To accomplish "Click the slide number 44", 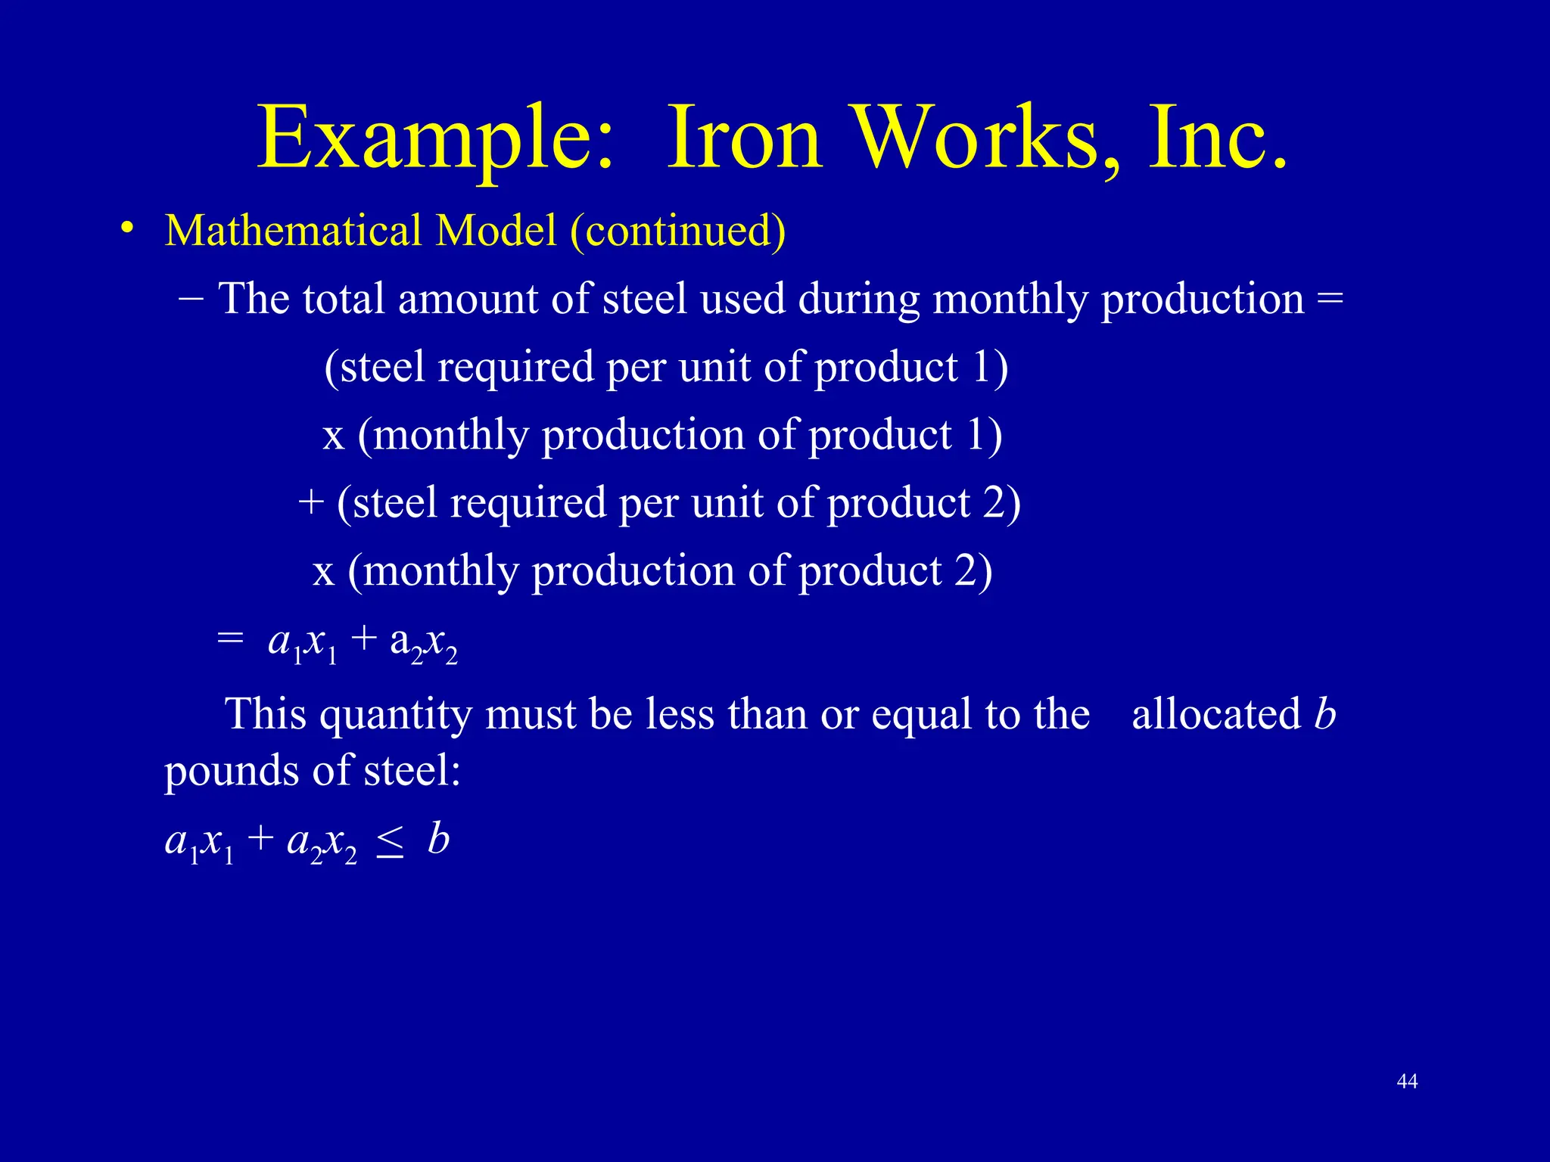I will click(1407, 1082).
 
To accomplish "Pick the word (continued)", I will click(678, 231).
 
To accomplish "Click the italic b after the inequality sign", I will click(438, 839).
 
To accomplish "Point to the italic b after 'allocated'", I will click(1324, 713).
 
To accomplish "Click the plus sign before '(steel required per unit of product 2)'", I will click(310, 502).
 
